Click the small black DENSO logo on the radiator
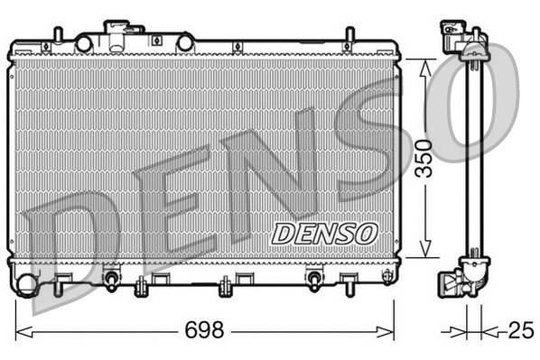coord(323,233)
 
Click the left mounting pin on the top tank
coord(58,34)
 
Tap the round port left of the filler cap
coord(84,42)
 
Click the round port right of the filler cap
coord(185,42)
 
